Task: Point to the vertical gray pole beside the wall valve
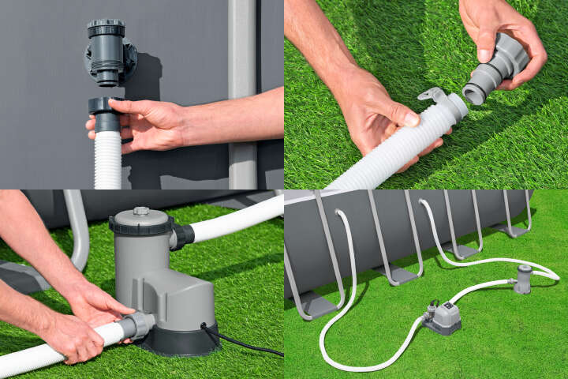[242, 95]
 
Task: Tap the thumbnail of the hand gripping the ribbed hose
[411, 118]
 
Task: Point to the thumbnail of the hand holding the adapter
[485, 56]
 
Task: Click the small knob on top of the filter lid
[141, 212]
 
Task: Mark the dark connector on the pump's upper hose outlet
[181, 235]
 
